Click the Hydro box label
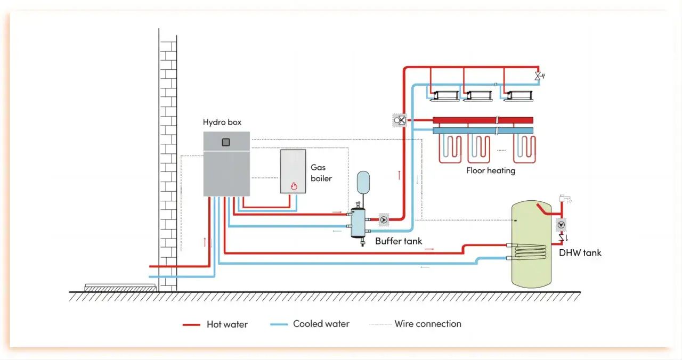222,122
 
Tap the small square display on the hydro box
225,142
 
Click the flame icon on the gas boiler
294,186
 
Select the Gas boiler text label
321,173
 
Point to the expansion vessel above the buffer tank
363,182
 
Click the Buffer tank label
399,241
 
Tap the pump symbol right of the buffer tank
384,220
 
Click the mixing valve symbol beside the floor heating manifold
400,120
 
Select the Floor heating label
491,170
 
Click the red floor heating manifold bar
483,120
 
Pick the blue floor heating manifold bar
483,131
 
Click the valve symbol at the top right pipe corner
539,76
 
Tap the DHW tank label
580,253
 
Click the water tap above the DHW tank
565,199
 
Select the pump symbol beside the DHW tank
561,225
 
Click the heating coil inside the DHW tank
529,251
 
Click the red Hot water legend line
191,325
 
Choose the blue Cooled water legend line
279,324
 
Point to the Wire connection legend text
428,324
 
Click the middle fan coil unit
478,96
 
